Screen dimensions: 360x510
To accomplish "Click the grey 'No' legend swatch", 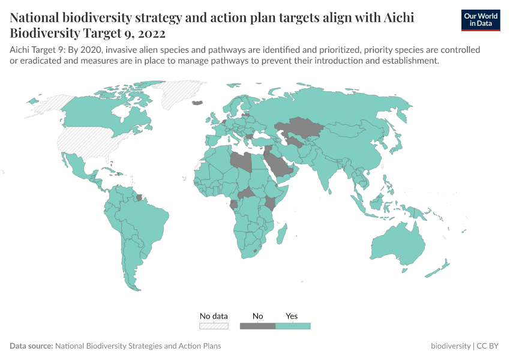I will pos(257,326).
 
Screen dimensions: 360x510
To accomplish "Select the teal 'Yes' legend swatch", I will pos(293,326).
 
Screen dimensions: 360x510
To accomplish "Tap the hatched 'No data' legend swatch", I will pos(214,326).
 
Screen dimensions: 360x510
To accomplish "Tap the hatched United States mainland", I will pos(90,142).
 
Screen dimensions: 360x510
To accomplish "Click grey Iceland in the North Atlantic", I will pos(196,103).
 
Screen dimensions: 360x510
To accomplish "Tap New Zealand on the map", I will pos(437,268).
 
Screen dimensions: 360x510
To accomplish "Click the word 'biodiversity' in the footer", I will pos(451,346).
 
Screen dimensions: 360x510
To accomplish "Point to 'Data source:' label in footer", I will pos(31,346).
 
